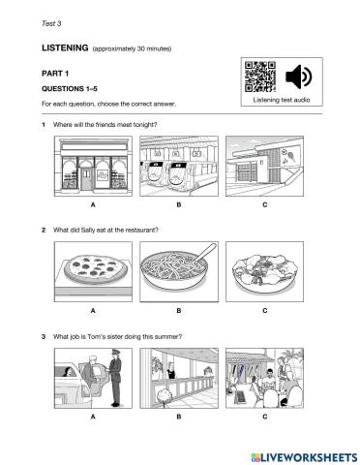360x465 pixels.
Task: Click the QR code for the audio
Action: click(260, 77)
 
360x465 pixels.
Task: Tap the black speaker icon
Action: click(298, 77)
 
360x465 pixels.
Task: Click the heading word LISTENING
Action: click(65, 47)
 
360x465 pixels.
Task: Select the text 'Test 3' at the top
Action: click(51, 23)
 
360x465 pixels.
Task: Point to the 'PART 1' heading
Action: click(55, 74)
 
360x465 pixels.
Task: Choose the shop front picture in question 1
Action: click(93, 166)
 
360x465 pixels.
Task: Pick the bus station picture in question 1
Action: click(179, 166)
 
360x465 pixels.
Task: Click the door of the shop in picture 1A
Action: click(86, 177)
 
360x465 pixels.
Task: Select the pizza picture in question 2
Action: click(93, 271)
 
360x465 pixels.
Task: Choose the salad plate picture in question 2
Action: click(264, 271)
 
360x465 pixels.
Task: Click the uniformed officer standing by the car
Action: click(114, 378)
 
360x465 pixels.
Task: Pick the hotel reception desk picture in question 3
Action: click(179, 378)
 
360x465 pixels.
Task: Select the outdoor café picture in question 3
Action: click(264, 378)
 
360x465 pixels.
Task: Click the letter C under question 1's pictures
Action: click(265, 204)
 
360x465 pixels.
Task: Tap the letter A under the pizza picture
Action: click(93, 311)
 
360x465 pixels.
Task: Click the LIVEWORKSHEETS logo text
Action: click(305, 457)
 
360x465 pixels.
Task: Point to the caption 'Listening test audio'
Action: click(282, 100)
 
